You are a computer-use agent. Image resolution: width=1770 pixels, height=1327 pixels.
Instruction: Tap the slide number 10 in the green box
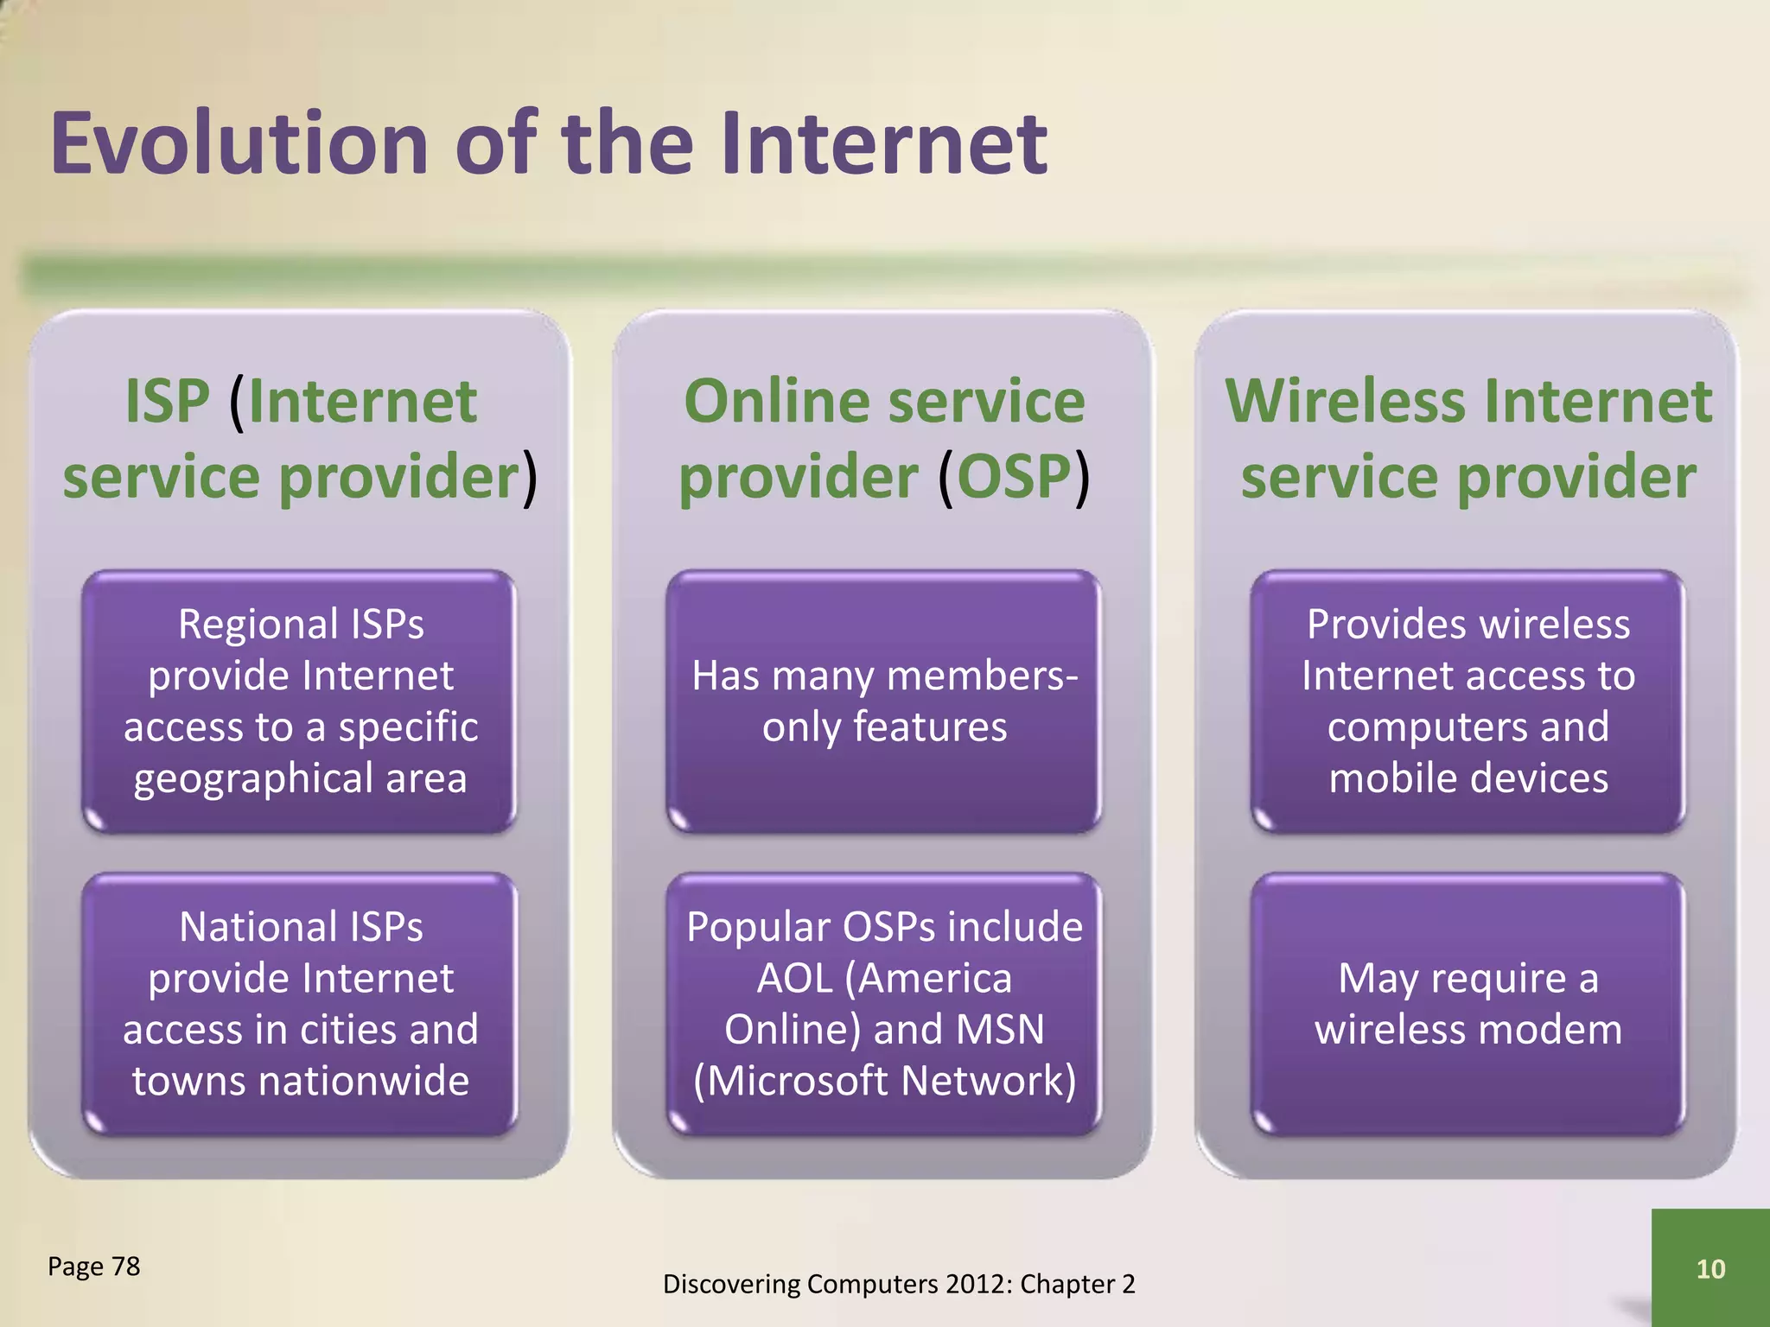coord(1710,1269)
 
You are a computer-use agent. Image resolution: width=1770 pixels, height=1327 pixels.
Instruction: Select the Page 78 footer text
coord(93,1267)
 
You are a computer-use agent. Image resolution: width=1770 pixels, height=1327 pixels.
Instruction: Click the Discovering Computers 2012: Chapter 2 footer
coord(899,1285)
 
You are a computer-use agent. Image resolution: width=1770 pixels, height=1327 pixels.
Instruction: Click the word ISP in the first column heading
coord(167,402)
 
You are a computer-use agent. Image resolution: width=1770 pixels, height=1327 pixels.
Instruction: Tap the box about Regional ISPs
coord(300,701)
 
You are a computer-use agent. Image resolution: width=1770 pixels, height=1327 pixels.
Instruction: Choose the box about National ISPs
coord(300,1003)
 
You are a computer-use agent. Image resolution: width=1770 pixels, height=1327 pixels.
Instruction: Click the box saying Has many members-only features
coord(884,701)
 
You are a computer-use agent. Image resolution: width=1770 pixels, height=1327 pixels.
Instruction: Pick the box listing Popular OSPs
coord(884,1003)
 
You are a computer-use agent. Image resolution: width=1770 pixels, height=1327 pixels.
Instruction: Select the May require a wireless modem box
coord(1468,1003)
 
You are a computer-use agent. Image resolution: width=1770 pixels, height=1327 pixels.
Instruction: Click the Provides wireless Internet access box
coord(1468,701)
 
